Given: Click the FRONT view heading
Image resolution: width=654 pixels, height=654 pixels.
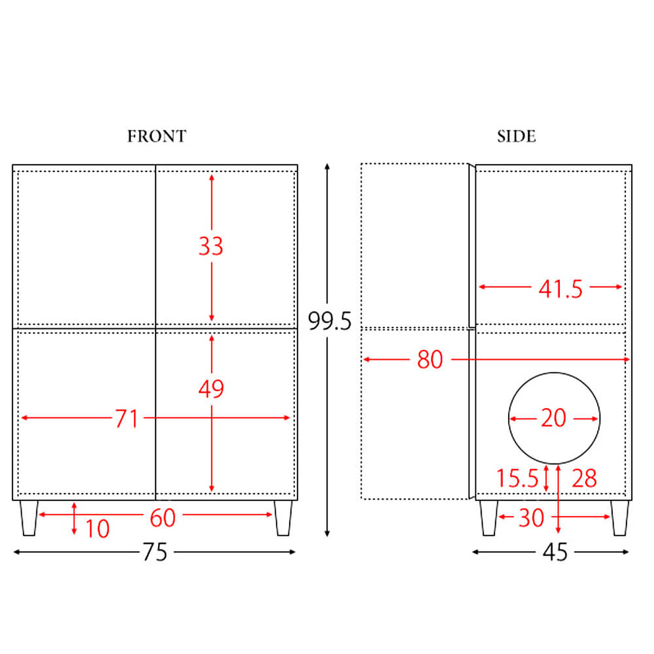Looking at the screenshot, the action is (157, 136).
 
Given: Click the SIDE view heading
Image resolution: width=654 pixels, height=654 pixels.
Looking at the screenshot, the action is (516, 136).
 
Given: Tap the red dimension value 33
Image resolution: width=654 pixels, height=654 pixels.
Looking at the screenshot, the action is (211, 246).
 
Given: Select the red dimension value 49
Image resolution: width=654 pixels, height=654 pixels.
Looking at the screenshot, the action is (211, 388).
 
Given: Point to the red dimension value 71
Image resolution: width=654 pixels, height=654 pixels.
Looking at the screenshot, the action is (127, 418).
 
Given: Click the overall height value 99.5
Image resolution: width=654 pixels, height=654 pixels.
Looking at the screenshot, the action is (330, 321).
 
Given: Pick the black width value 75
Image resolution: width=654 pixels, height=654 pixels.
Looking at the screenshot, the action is (155, 552).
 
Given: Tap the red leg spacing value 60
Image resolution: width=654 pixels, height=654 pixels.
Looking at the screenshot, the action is (163, 518).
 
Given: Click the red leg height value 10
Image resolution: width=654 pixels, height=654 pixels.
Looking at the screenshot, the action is (98, 529).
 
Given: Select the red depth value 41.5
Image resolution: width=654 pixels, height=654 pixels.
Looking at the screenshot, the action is (560, 289).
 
